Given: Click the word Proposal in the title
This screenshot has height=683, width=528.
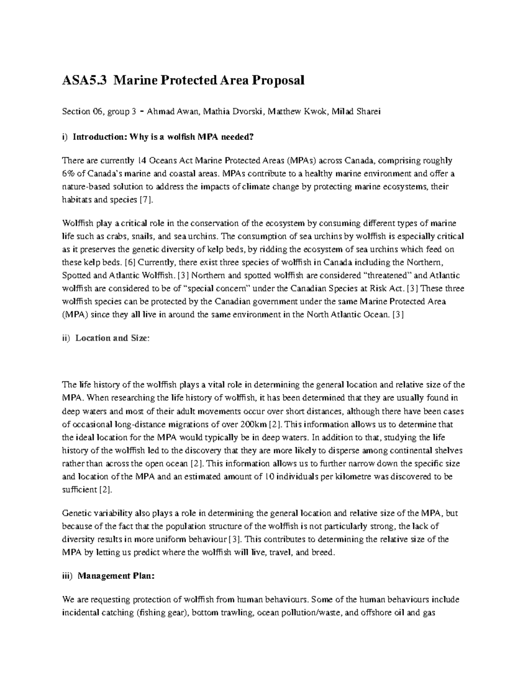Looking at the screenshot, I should coord(278,80).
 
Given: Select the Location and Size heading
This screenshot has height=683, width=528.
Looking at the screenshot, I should coord(112,338).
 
